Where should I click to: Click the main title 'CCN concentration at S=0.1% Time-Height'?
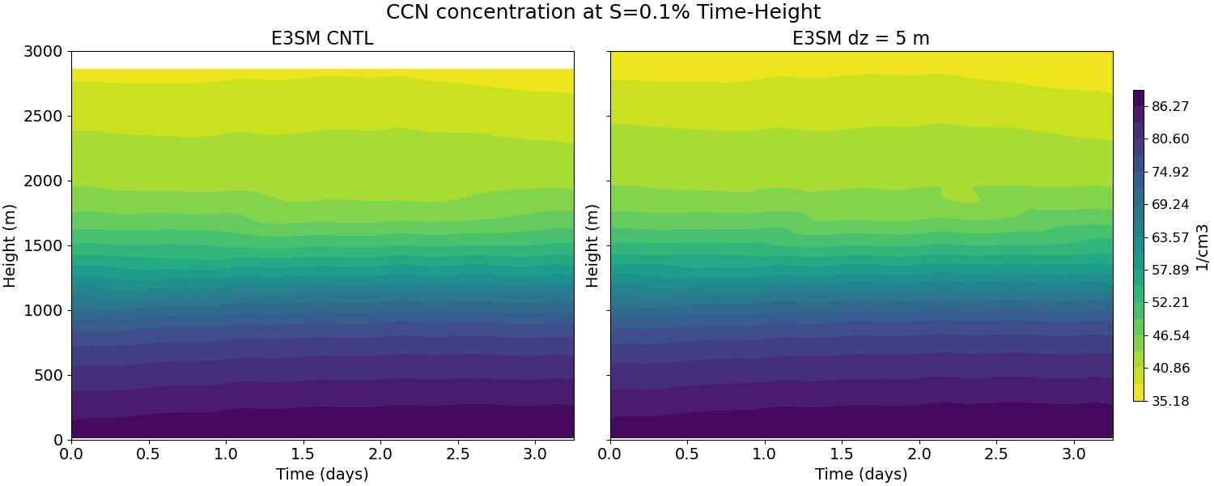pos(603,12)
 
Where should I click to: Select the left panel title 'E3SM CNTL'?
pos(322,38)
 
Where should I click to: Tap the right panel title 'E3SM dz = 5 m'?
pos(861,38)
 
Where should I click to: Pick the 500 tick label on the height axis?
pos(49,375)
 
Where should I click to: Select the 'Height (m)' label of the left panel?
pos(11,245)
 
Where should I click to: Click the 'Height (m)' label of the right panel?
pos(592,245)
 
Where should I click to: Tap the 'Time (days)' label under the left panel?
pos(322,474)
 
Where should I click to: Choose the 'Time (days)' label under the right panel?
pos(861,474)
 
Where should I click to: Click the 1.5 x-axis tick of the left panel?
pos(303,454)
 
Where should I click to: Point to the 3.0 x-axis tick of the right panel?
pos(1074,454)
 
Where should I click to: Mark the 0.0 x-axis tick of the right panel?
pos(610,454)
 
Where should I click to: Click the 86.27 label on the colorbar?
pos(1170,106)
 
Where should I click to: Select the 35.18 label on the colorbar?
pos(1170,400)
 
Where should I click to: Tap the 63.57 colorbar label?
pos(1170,237)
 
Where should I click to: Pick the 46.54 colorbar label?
pos(1170,335)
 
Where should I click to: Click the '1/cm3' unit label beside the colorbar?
pos(1202,245)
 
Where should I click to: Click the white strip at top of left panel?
pos(322,60)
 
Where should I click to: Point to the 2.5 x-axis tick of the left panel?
pos(458,454)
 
